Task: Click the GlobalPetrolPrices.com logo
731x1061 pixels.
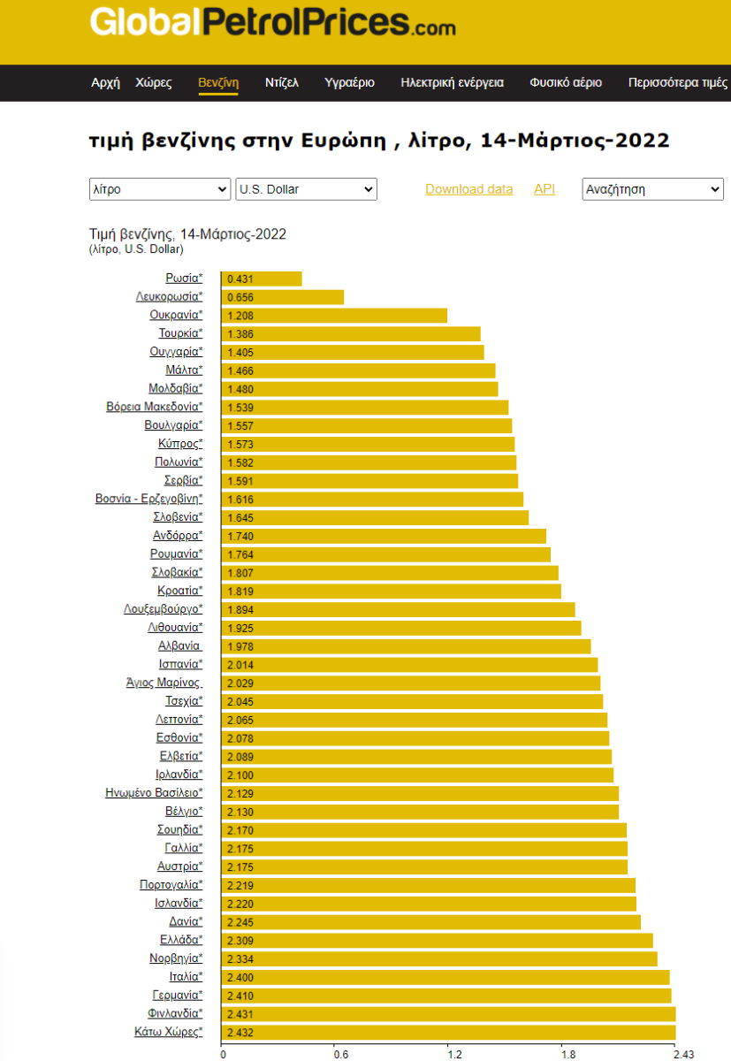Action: (272, 23)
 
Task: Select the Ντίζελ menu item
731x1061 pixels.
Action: (282, 82)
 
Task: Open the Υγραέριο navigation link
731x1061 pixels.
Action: (349, 82)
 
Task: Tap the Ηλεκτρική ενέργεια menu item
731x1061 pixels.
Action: (452, 82)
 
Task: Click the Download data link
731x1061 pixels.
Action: (468, 189)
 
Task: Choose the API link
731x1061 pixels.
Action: (544, 189)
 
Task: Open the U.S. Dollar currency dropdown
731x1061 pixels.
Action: (306, 189)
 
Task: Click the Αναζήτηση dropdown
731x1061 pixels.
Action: (652, 189)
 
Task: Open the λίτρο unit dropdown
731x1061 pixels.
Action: (160, 189)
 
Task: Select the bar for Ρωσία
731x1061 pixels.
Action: (262, 279)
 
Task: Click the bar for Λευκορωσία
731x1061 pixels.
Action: (282, 297)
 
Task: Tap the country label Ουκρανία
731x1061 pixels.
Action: (175, 315)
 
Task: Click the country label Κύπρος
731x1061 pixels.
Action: (180, 443)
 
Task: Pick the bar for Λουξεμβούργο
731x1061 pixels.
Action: (398, 609)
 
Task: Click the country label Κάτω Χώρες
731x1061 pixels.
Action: (168, 1032)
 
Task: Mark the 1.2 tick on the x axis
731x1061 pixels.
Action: (454, 1054)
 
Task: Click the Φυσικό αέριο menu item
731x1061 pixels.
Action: (566, 82)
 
